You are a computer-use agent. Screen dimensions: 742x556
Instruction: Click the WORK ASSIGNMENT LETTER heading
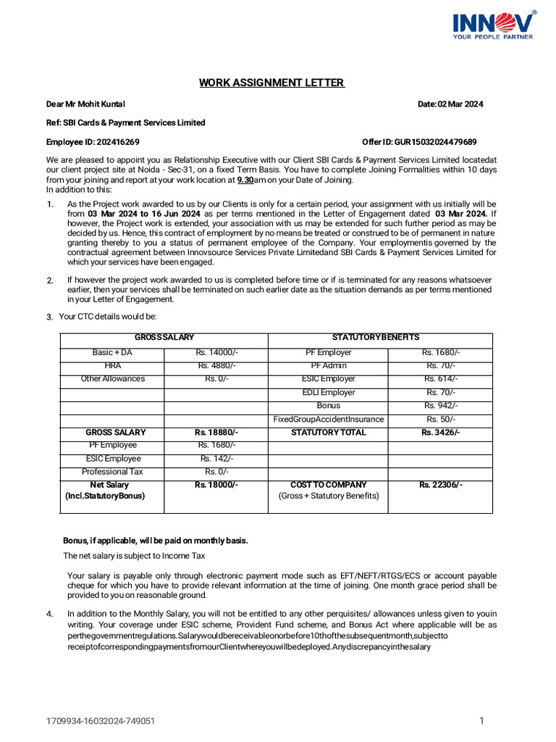click(271, 83)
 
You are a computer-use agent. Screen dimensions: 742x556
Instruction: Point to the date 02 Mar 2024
click(460, 104)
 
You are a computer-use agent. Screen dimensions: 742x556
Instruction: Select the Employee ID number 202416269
click(115, 142)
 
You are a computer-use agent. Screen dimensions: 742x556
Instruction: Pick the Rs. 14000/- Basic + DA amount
click(216, 353)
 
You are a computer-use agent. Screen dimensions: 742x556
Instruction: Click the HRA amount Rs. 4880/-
click(216, 366)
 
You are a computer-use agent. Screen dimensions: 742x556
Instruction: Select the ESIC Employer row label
click(328, 379)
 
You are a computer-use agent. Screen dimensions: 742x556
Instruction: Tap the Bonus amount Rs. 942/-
click(441, 406)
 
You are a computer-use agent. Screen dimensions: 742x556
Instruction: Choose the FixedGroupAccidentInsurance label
click(328, 420)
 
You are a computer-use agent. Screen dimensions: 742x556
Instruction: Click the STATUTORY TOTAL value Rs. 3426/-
click(440, 433)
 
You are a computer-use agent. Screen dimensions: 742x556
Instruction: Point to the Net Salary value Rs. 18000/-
click(216, 485)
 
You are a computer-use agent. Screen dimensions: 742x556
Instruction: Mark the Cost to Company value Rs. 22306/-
click(440, 485)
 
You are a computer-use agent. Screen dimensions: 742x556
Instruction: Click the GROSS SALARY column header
click(164, 338)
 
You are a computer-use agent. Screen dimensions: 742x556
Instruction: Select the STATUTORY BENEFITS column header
click(375, 338)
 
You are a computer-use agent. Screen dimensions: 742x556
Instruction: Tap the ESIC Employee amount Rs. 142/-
click(216, 459)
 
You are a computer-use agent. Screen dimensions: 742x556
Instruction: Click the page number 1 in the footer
click(481, 720)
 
